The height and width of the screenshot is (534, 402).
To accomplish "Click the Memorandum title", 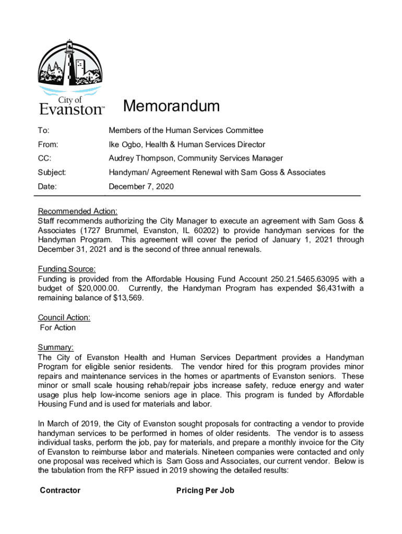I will [171, 107].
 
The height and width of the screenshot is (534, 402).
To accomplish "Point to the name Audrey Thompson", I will [140, 158].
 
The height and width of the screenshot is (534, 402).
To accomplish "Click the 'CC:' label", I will [45, 158].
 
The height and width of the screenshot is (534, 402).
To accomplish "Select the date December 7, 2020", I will [141, 186].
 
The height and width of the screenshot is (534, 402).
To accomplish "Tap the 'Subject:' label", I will [52, 172].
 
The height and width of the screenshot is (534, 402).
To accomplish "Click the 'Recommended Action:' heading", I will [78, 211].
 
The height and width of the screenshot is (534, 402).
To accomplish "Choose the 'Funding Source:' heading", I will [67, 269].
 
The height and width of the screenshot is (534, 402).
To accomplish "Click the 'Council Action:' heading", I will [64, 317].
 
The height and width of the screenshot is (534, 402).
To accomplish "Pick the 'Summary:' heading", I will [56, 347].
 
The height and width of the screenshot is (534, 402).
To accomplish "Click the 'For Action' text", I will [58, 327].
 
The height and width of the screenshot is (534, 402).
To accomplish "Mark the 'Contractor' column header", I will [60, 490].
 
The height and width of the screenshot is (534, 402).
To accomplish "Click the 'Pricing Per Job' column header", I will [205, 490].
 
